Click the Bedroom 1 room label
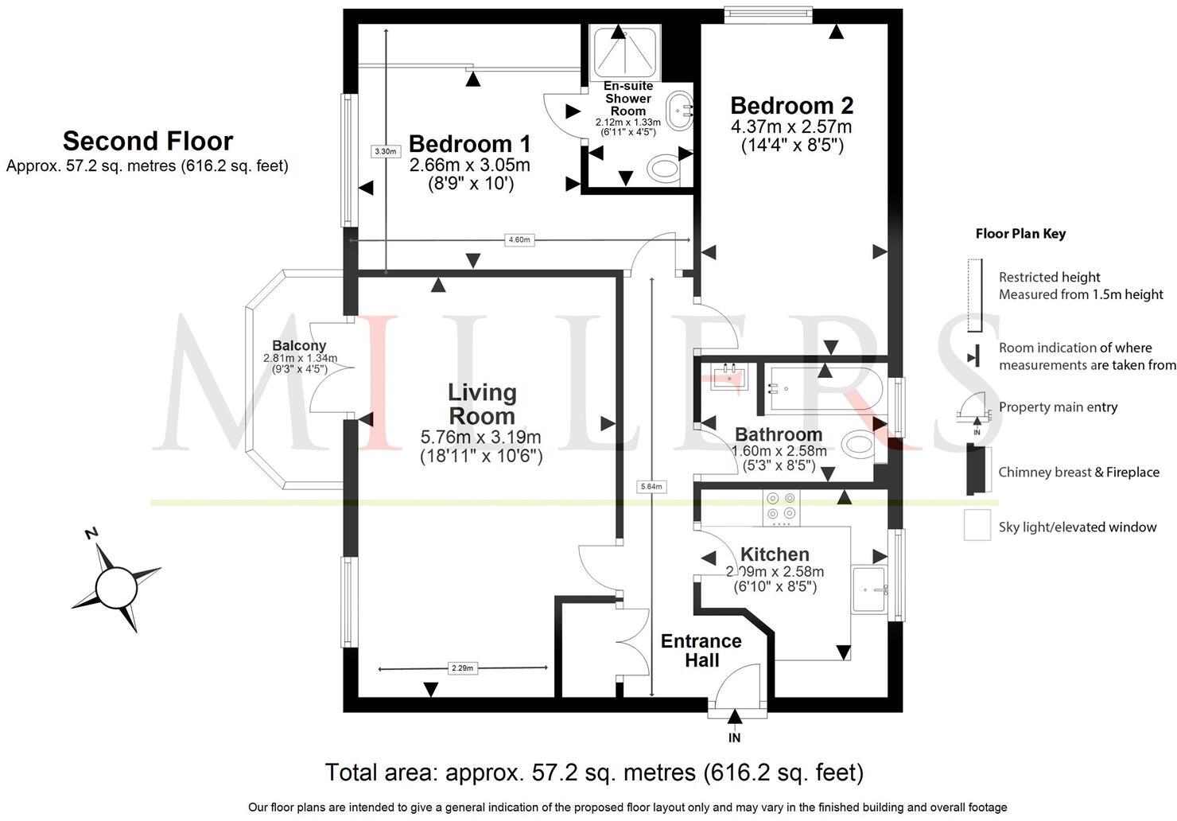pos(469,144)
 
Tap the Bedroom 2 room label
pos(791,106)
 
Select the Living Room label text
pos(482,404)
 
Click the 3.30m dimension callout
pos(385,150)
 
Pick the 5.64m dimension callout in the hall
pos(651,486)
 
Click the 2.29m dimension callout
pos(461,668)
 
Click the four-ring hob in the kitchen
pos(781,508)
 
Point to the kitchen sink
pos(869,589)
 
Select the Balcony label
pos(299,346)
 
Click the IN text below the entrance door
pos(734,738)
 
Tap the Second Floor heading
pos(148,141)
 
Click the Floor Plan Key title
pos(1020,234)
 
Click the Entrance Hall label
pos(701,651)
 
